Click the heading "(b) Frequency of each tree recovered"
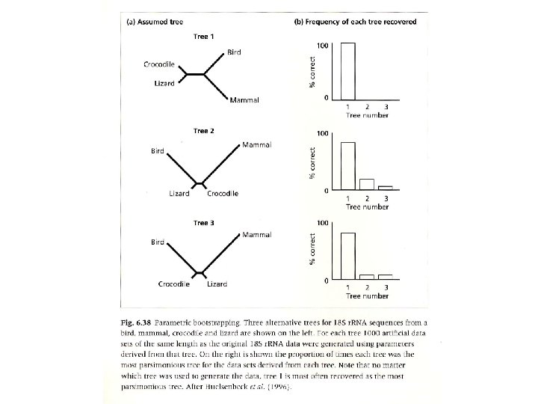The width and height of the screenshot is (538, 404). coord(356,22)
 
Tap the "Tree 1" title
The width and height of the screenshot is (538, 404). coord(204,37)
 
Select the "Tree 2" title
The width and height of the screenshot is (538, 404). coord(204,131)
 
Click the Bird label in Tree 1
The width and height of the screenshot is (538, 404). coord(234,52)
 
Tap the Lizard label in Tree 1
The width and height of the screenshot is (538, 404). coord(164,83)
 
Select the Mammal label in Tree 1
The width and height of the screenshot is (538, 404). coord(244,100)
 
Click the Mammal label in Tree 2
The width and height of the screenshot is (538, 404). coord(256,144)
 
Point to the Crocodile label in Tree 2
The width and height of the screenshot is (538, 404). coord(223,194)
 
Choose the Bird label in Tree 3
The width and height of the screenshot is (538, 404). coord(157,242)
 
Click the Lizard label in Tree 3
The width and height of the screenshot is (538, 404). coord(217,284)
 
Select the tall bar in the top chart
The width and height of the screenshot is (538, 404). coord(348,71)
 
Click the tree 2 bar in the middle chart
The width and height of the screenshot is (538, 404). coord(367,185)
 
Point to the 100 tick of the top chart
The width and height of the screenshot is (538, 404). coord(324,46)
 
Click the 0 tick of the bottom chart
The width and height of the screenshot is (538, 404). coord(327,281)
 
